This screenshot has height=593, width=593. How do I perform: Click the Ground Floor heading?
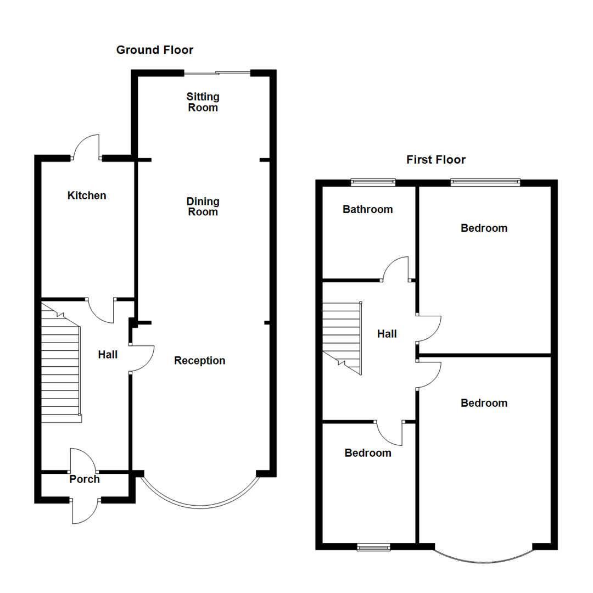(154, 50)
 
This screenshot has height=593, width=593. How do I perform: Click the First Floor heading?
(436, 160)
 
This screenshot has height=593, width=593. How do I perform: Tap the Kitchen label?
(87, 195)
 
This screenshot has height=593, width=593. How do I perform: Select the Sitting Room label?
(203, 102)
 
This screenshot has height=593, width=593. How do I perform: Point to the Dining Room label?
(203, 206)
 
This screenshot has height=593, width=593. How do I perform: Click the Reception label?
(200, 361)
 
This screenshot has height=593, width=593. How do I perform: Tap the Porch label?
(85, 479)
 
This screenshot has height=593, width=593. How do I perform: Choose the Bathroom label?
(368, 209)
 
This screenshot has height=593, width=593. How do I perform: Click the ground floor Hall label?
(108, 355)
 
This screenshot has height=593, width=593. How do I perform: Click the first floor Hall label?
(387, 334)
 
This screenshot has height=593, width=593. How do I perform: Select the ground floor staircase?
(61, 368)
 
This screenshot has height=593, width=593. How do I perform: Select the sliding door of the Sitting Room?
(217, 72)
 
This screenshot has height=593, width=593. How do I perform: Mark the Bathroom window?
(373, 182)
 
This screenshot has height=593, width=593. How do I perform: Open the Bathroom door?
(396, 269)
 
